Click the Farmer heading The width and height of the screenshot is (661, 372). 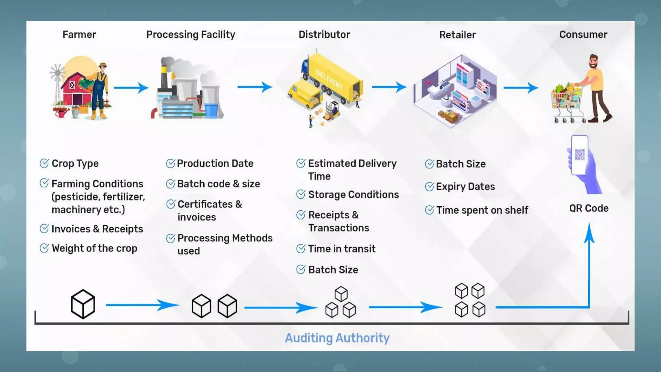[79, 35]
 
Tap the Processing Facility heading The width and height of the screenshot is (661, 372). [190, 35]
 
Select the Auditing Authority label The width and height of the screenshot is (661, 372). [337, 338]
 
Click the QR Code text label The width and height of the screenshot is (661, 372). [589, 208]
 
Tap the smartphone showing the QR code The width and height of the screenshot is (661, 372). [579, 155]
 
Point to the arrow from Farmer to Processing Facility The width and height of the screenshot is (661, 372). [131, 88]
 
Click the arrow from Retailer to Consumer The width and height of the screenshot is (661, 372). [521, 87]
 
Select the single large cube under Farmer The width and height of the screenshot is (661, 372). [83, 304]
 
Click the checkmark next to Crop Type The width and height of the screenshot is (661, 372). [44, 163]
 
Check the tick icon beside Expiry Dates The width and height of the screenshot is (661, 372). [429, 187]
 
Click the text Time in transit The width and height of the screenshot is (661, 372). [341, 249]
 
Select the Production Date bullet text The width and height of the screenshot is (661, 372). [215, 163]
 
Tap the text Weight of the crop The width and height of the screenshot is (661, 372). [94, 248]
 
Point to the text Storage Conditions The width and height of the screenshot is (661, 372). [353, 195]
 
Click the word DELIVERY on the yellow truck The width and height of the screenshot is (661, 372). [329, 79]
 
